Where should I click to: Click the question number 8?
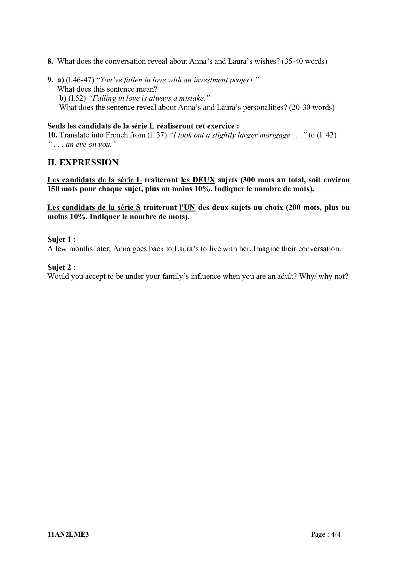point(50,61)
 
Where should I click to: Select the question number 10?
point(52,135)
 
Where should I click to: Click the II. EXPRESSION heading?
point(83,162)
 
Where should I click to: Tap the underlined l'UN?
point(187,207)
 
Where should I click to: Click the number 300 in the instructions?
point(249,180)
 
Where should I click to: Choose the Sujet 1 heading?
point(61,239)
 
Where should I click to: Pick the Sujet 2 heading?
point(61,267)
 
